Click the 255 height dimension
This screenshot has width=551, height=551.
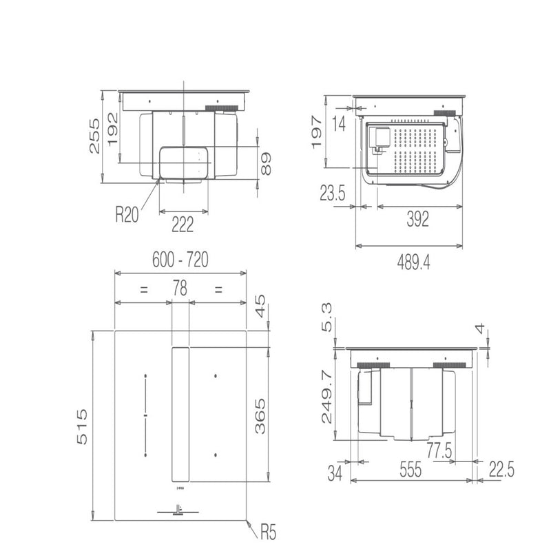click(94, 136)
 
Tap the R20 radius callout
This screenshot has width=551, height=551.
click(127, 215)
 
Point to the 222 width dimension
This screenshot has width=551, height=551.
click(182, 223)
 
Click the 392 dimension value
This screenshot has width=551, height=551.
click(417, 219)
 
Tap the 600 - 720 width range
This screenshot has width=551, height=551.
click(179, 260)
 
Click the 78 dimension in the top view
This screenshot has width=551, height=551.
click(179, 289)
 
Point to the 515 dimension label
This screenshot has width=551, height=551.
click(82, 427)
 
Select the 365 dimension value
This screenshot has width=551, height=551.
click(260, 415)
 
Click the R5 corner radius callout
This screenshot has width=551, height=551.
click(269, 532)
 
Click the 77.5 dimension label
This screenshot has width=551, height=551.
click(438, 450)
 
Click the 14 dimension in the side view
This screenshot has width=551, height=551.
click(337, 125)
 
